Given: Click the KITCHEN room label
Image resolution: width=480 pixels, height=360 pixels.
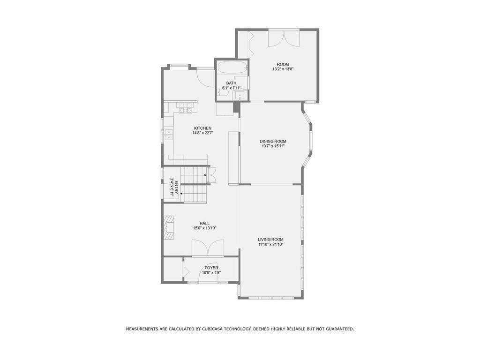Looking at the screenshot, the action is (202, 128).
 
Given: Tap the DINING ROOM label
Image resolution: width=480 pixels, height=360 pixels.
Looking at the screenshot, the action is (273, 142).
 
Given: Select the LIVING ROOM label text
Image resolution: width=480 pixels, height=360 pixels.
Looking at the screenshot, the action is (270, 240).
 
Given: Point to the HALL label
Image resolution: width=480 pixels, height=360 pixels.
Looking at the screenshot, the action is (205, 224).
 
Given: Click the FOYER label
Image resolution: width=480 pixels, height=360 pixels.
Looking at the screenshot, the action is (211, 268).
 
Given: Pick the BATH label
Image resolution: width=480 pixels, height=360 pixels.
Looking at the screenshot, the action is (232, 83).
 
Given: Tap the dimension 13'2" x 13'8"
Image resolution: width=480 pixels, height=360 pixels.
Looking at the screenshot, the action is (283, 69).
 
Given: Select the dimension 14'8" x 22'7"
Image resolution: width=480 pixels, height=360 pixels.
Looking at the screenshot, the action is (202, 133).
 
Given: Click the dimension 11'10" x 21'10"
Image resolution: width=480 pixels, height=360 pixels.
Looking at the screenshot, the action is (270, 244).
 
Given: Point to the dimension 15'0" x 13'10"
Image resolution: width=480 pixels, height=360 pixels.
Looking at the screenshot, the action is (205, 228).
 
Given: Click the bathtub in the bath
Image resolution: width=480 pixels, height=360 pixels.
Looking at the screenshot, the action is (232, 67).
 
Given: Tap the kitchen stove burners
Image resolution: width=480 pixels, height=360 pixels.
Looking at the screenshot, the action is (185, 107).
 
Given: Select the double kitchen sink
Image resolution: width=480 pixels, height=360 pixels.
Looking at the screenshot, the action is (169, 135).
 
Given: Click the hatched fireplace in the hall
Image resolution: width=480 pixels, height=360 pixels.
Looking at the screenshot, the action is (168, 228).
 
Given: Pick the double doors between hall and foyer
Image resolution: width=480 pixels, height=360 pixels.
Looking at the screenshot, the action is (208, 247).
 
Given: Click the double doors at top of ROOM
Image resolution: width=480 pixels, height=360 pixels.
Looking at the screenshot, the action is (284, 38).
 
